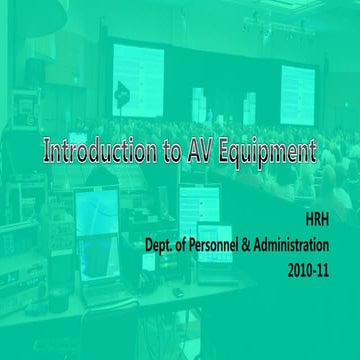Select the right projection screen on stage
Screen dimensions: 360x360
(297, 90)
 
